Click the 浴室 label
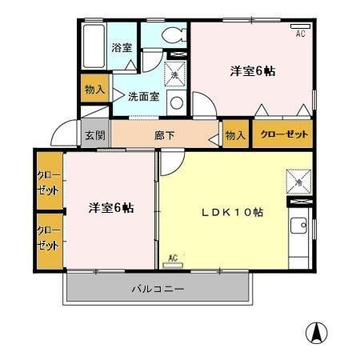coord(122,48)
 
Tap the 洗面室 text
coord(143,96)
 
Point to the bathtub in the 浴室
coord(94,47)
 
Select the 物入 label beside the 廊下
coord(235,135)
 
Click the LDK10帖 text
coord(232,214)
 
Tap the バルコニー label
coord(158,288)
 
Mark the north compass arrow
coord(318,333)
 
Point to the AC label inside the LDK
coord(172,258)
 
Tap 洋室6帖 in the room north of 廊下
coord(254,71)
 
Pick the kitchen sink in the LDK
coord(300,229)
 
